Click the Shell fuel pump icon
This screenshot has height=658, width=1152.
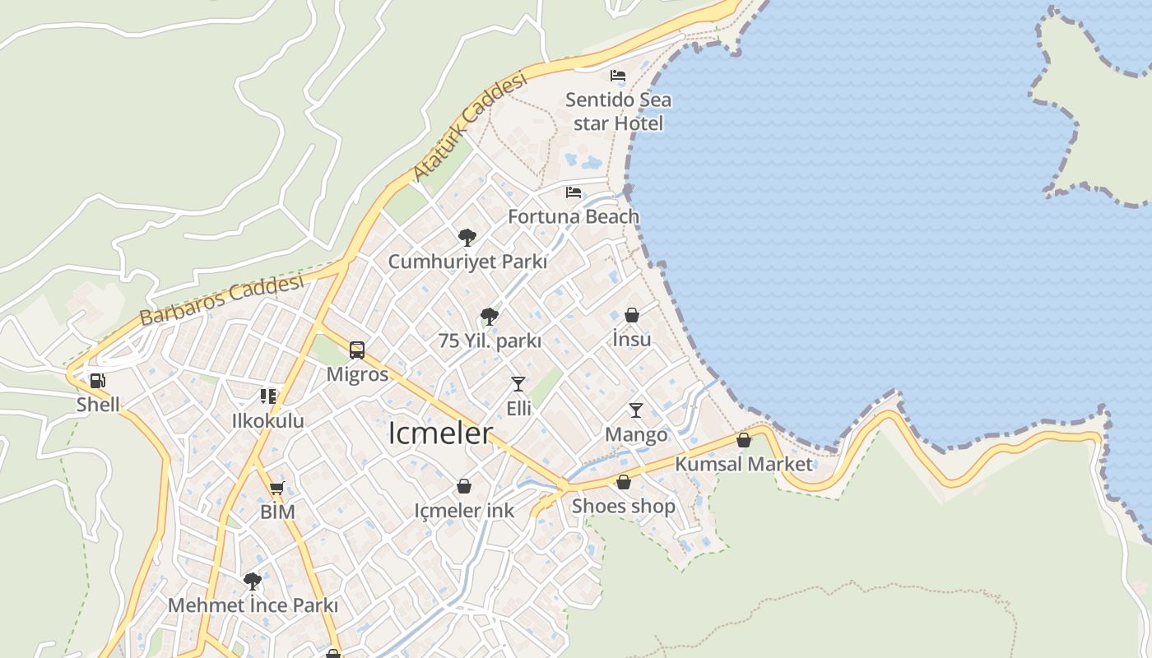97,380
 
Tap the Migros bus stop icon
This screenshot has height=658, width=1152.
357,350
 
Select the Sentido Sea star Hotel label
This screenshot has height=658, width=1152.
618,112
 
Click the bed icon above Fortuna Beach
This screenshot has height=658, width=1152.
574,192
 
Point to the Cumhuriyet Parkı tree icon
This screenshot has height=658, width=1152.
467,238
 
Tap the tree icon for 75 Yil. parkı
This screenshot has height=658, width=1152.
490,317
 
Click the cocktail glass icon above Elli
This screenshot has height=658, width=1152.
518,384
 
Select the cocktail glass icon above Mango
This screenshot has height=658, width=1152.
636,410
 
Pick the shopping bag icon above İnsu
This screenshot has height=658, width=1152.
632,315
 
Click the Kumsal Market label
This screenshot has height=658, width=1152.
744,464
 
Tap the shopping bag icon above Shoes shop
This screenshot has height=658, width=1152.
624,482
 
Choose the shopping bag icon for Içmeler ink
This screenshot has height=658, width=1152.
464,486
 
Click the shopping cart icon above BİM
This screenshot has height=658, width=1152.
277,488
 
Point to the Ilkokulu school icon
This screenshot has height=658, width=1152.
268,396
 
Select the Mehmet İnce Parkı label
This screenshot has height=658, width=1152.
253,605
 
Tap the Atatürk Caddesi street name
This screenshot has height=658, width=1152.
469,127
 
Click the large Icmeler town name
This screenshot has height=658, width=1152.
440,433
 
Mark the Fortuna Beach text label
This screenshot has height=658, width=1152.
574,216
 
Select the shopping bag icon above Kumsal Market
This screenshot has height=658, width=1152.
744,440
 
